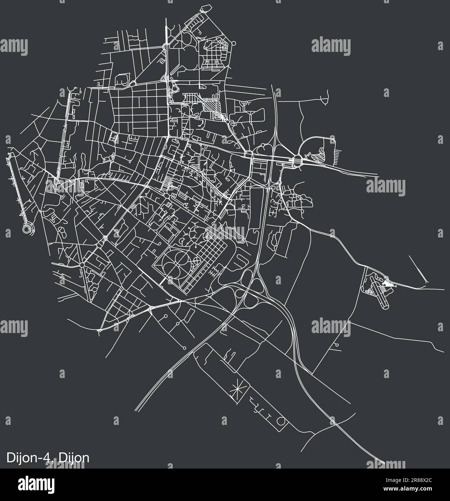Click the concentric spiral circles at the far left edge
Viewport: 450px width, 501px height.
click(x=27, y=228)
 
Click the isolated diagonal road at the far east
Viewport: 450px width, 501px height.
click(x=418, y=269)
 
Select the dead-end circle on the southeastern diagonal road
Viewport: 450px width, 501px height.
click(x=337, y=345)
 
